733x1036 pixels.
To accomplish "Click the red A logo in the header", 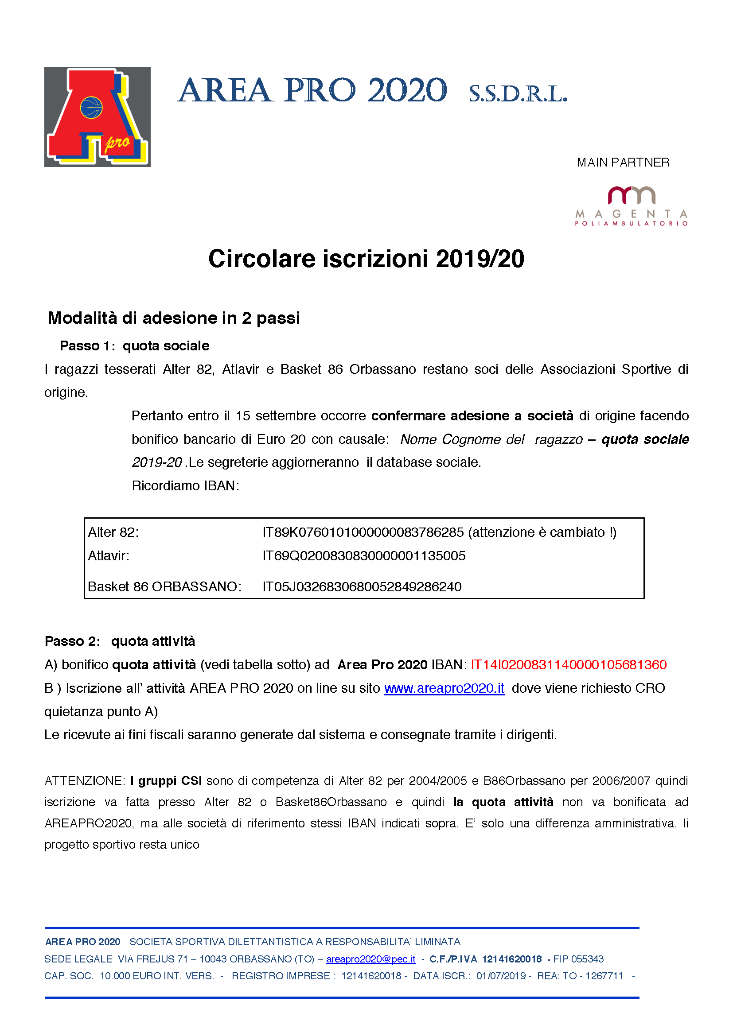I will (97, 117).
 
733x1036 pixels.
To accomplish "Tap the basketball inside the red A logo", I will (91, 108).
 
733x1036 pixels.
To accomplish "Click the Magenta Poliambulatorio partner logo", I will (631, 206).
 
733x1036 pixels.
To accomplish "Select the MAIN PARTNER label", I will (623, 163).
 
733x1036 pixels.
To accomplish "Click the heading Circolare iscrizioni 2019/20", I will (366, 259).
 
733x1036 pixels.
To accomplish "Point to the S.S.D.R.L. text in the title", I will (518, 94).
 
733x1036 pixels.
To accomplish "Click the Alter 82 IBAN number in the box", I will (363, 532).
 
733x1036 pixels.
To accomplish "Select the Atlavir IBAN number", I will (364, 555).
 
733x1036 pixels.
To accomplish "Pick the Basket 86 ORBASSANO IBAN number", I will (362, 586).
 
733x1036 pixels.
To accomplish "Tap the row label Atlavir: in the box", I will (109, 556).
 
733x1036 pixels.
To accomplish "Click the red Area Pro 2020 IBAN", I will (569, 665).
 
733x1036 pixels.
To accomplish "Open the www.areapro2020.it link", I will (444, 688).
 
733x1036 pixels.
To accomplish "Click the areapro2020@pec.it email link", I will (370, 959).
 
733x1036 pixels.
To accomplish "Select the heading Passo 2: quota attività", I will (120, 641).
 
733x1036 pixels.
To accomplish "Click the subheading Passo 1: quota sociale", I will (135, 345).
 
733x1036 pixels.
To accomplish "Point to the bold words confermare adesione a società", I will (472, 415).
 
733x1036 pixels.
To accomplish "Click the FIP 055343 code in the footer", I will (578, 959).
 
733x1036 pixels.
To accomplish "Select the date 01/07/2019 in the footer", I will (501, 976).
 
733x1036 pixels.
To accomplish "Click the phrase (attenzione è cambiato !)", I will (542, 532).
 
